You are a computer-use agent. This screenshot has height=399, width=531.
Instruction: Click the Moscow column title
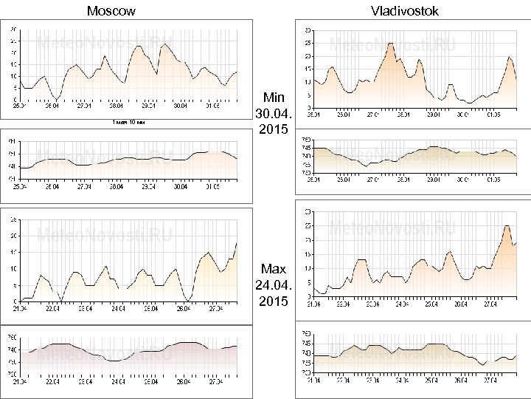pos(111,10)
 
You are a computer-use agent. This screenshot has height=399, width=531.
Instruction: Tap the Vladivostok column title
pos(405,10)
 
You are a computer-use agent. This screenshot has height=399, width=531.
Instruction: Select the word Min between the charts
pos(274,98)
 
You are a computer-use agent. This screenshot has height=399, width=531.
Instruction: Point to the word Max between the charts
pos(274,269)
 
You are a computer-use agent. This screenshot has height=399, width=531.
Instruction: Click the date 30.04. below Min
pos(274,114)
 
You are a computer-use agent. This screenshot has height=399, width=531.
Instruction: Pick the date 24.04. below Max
pos(274,285)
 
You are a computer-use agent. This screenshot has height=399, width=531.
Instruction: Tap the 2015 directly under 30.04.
pos(274,130)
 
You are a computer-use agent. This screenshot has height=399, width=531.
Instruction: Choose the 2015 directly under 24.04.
pos(274,301)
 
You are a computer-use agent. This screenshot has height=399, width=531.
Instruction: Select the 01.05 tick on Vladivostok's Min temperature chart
pos(492,115)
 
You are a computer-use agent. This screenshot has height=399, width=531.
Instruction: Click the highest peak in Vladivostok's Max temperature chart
pos(507,226)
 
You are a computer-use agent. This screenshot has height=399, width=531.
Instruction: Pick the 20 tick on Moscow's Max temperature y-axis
pos(15,236)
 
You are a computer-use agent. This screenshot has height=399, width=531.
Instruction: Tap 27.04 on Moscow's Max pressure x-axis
pos(215,382)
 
